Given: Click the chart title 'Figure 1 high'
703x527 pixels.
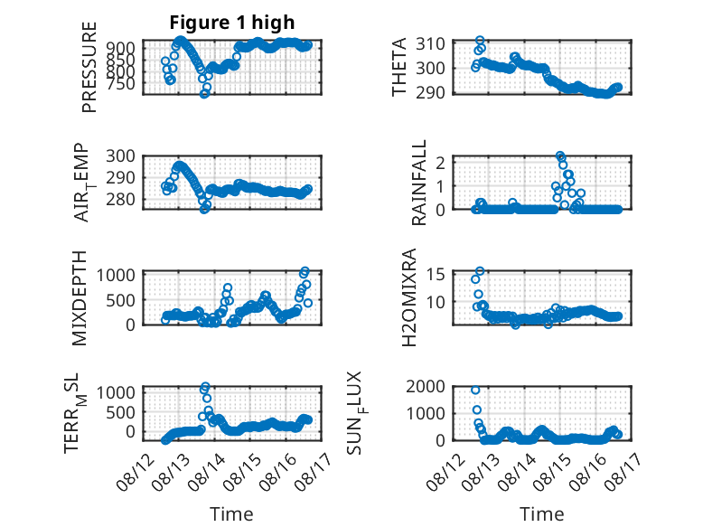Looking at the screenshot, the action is coord(232,22).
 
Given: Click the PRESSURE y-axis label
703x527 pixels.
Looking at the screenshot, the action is coord(89,67).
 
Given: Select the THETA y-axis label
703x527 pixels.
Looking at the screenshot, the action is coord(398,67).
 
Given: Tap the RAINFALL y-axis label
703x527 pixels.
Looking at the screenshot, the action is coord(418,183).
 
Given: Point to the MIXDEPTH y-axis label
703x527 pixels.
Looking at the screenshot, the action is coord(79,297).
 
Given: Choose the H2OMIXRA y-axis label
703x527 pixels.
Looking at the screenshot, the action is coord(409,297).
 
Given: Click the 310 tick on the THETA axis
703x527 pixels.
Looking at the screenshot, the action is coord(430,44).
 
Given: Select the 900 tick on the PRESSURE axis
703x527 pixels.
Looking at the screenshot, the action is coord(120,48).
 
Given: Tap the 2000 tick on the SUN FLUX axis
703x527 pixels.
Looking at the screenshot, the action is coord(426,386).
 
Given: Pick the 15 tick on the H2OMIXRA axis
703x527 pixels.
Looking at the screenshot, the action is coord(436,274).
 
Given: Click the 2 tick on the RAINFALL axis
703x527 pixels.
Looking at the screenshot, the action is coord(440,163).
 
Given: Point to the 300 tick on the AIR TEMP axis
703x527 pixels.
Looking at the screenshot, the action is coord(120,156).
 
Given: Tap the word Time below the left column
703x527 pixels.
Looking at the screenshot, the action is coord(231,513).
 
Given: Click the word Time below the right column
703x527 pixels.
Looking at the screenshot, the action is coord(541,513).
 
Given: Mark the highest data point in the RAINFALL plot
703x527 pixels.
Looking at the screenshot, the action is coord(560,155).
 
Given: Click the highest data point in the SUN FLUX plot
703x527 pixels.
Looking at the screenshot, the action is coord(475,391).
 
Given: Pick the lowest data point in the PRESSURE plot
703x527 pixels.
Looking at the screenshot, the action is coord(204,94).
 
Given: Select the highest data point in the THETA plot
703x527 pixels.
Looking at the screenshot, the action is coord(480,41).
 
